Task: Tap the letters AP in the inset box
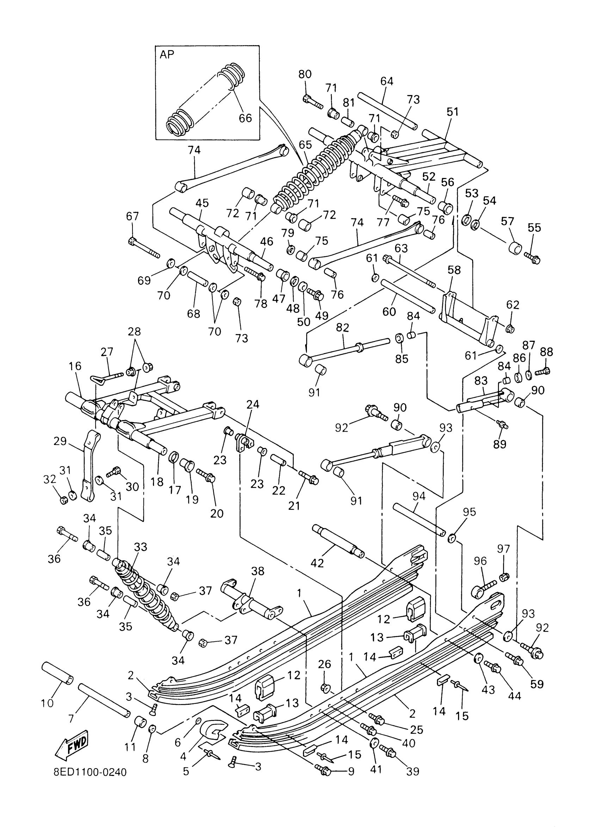coord(167,55)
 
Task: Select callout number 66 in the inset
coord(245,118)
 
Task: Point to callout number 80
coord(305,74)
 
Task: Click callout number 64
coord(387,81)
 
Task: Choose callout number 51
coord(452,112)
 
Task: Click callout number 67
coord(132,216)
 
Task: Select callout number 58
coord(454,270)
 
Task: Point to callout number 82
coord(342,327)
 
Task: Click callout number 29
coord(60,441)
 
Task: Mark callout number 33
coord(140,547)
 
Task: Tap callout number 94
coord(419,496)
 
